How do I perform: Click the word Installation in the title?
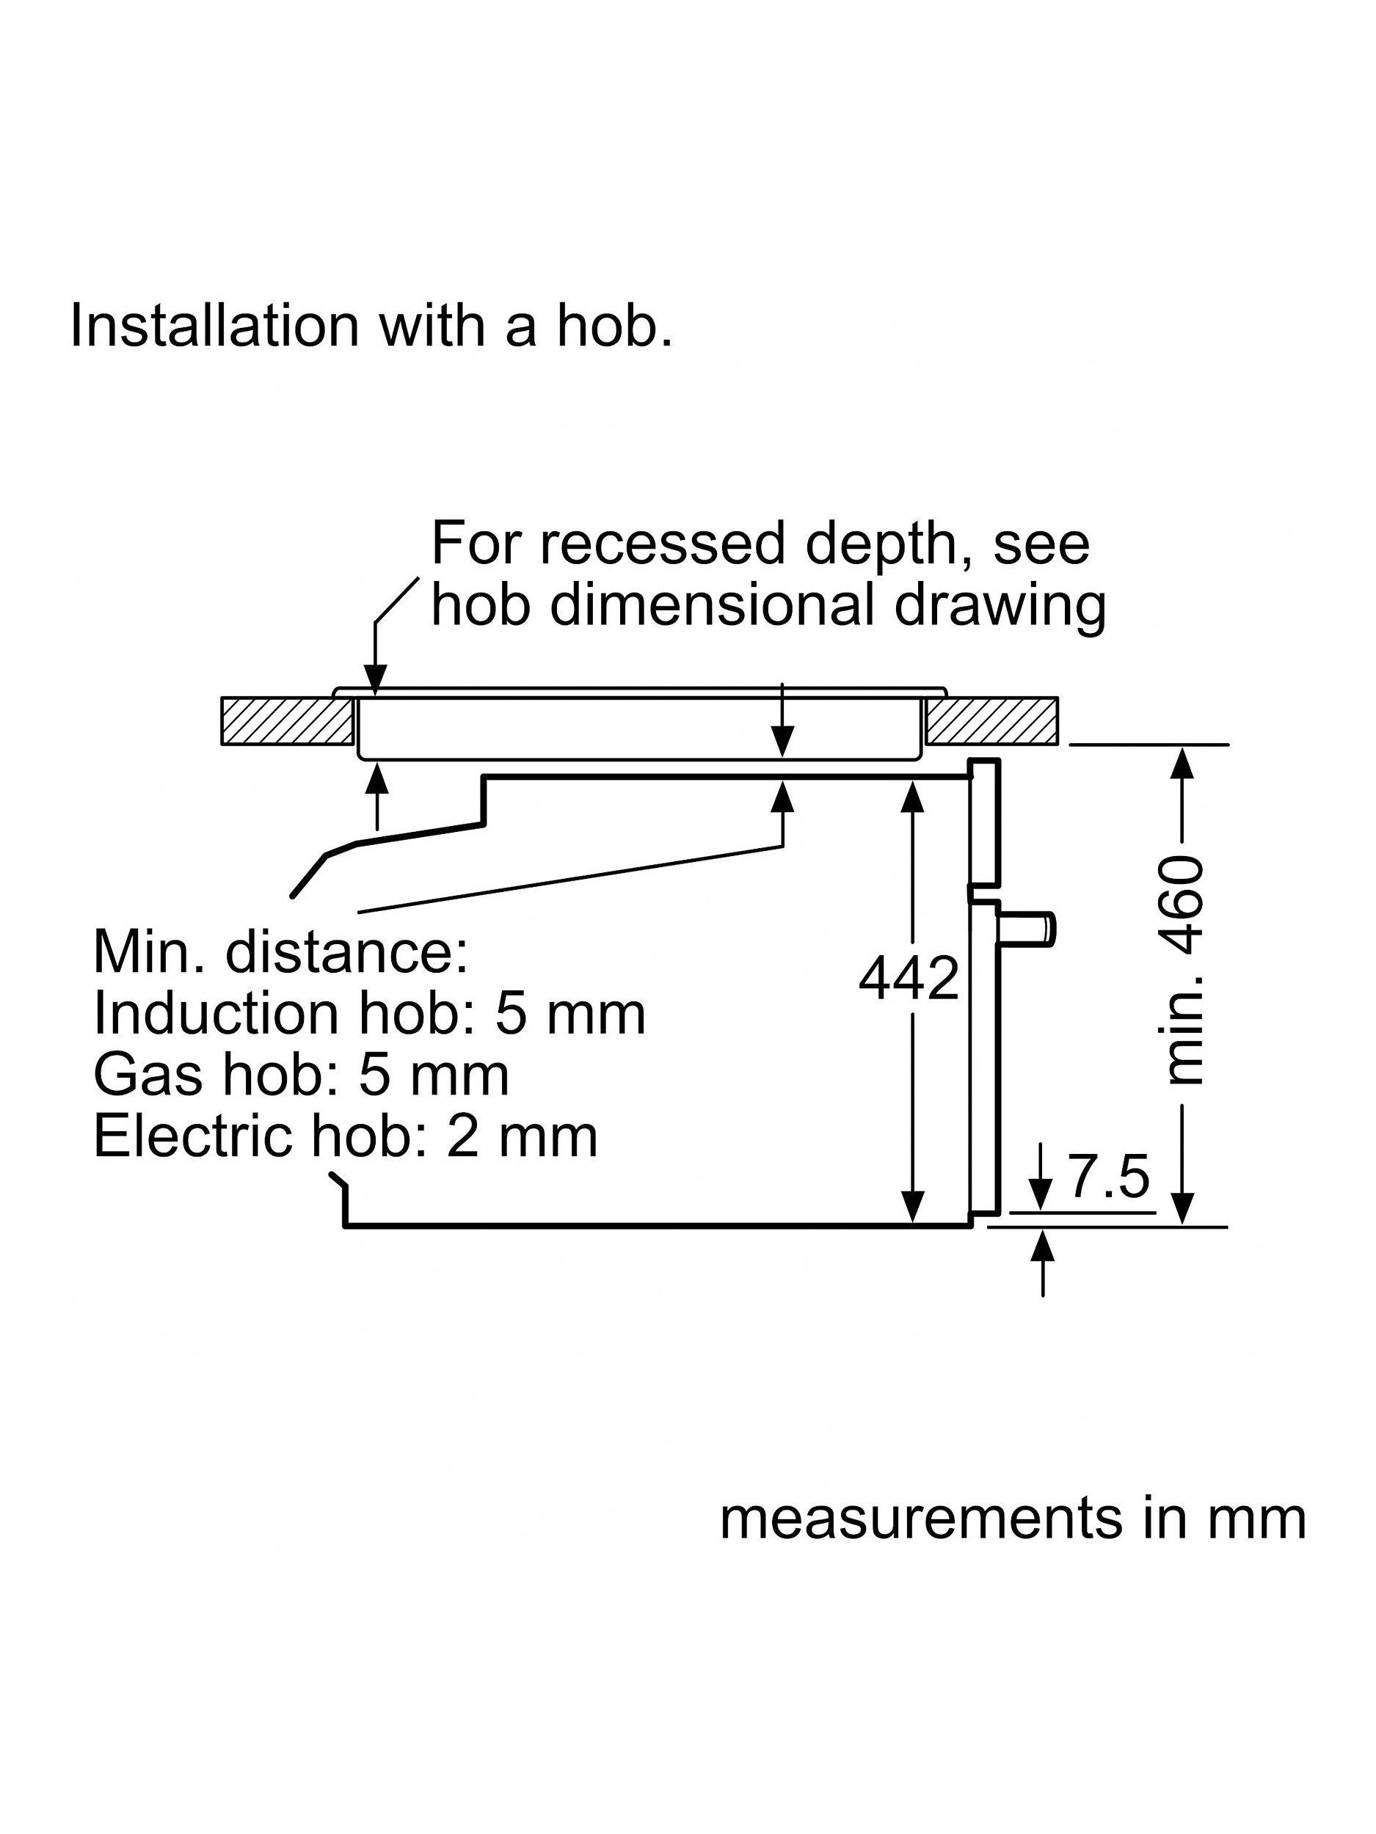214,325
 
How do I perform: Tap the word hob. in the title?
614,325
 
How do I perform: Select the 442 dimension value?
909,979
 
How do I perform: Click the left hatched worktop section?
287,720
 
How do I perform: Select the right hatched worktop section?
991,720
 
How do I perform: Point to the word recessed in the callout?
663,544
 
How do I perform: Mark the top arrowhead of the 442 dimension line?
912,796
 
